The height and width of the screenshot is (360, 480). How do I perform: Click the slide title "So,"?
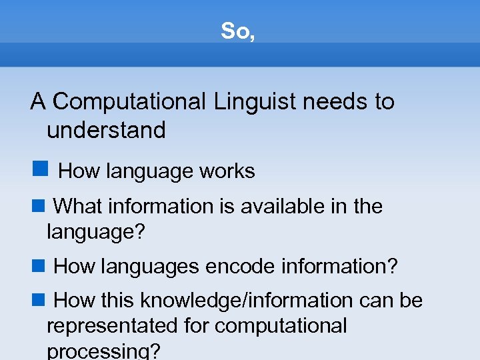click(238, 31)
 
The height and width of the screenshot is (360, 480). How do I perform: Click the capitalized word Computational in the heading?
click(129, 102)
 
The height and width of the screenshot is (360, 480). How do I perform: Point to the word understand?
click(106, 130)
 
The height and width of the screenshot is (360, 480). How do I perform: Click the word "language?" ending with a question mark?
click(95, 233)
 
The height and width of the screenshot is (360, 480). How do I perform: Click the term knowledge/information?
click(246, 301)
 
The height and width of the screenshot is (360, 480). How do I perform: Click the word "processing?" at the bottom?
click(103, 352)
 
